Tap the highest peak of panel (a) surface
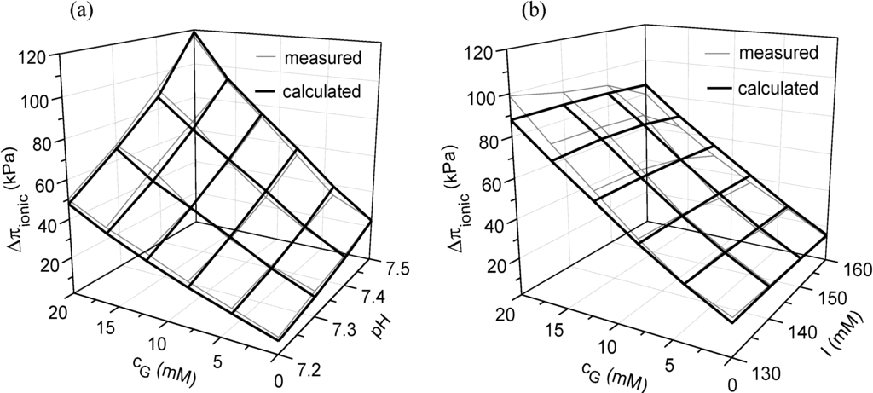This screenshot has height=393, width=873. pyautogui.click(x=195, y=32)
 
